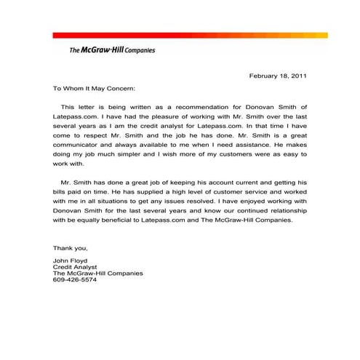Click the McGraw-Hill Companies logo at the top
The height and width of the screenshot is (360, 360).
[111, 50]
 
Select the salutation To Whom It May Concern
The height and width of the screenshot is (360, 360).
[94, 89]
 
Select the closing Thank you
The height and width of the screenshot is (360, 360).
[70, 248]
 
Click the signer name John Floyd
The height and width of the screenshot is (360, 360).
[70, 260]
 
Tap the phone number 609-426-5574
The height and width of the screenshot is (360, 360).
[74, 280]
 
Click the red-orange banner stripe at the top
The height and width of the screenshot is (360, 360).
[190, 35]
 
